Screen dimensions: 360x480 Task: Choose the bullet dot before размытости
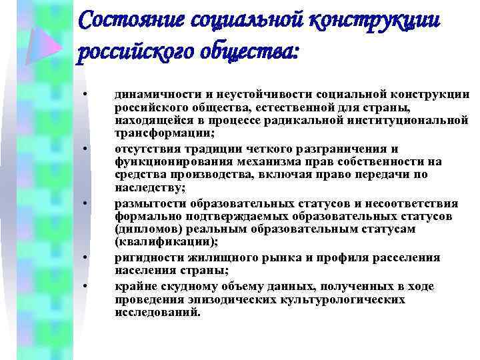[86, 201]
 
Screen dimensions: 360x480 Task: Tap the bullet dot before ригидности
[86, 255]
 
